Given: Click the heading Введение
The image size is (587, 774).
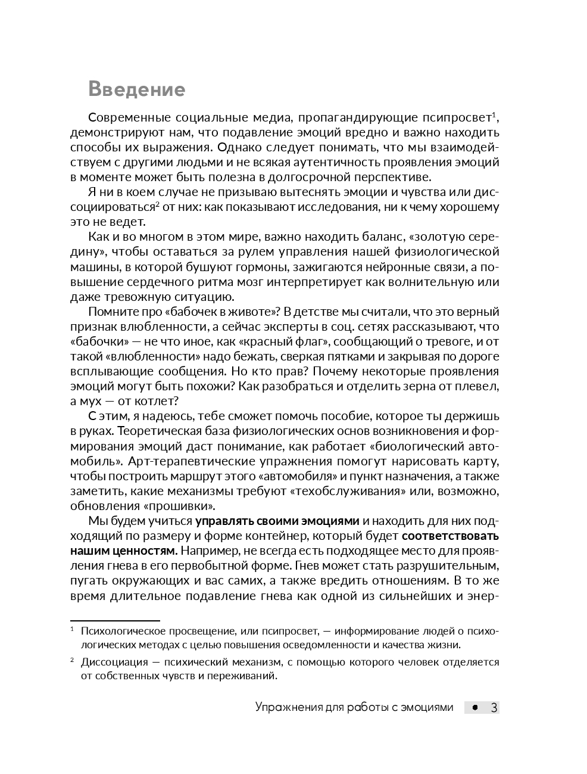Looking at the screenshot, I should click(136, 89).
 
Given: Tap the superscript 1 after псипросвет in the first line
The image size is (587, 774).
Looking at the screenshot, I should click(495, 114).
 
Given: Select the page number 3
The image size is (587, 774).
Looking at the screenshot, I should click(494, 708).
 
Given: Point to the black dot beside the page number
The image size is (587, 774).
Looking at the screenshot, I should click(474, 708).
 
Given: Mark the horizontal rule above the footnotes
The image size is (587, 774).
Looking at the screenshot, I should click(115, 620).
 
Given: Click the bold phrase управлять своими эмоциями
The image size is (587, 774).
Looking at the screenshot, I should click(277, 521).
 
